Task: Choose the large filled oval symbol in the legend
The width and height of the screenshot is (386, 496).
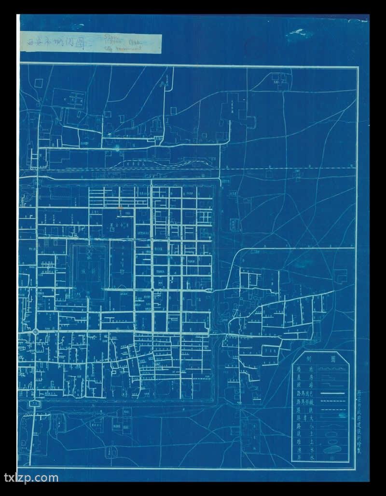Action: pyautogui.click(x=333, y=449)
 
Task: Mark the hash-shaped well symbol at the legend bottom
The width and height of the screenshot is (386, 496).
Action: pyautogui.click(x=333, y=458)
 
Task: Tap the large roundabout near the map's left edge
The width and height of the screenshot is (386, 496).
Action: pyautogui.click(x=36, y=332)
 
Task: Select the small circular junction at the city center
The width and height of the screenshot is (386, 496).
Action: pyautogui.click(x=152, y=290)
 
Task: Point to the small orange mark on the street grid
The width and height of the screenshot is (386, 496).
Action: pyautogui.click(x=120, y=207)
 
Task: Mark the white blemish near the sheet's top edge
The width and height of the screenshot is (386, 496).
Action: pyautogui.click(x=296, y=35)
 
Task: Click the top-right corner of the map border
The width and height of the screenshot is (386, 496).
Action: pyautogui.click(x=358, y=68)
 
